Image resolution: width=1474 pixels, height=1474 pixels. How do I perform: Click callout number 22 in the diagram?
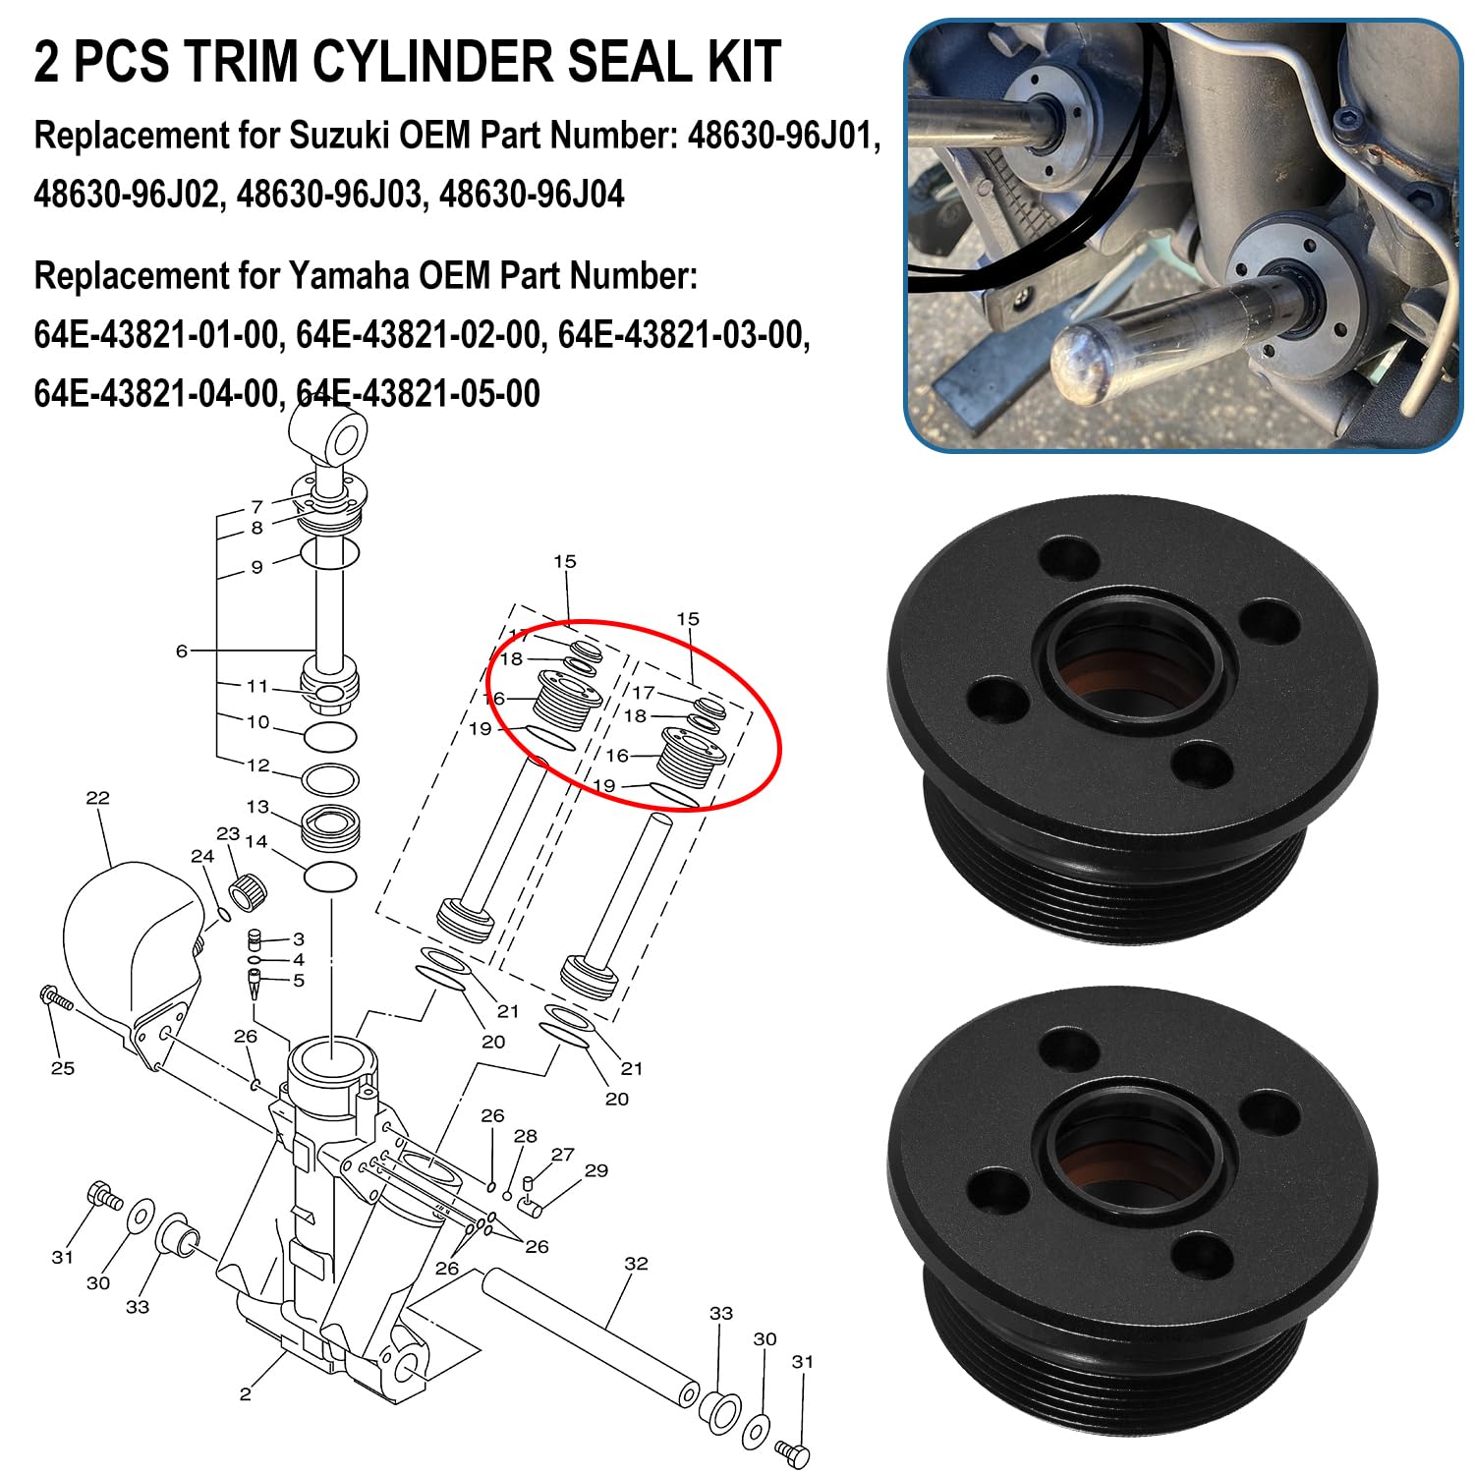[97, 797]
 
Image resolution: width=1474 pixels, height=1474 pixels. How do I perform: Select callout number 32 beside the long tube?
[636, 1263]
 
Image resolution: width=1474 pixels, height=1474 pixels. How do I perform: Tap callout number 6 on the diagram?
[182, 651]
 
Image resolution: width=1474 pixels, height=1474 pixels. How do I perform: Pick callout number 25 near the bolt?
[62, 1067]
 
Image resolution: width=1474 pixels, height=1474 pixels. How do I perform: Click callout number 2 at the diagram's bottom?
[245, 1393]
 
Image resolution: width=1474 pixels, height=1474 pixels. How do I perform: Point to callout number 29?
[595, 1170]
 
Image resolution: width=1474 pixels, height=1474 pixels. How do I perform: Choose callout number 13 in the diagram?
[257, 807]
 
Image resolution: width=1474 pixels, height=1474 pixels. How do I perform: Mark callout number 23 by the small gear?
[228, 833]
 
